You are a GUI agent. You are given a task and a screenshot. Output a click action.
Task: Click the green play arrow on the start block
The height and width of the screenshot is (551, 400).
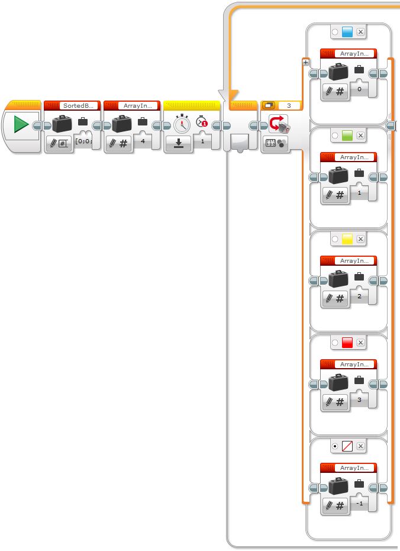(21, 125)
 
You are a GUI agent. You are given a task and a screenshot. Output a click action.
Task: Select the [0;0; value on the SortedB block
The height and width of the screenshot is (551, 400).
(84, 141)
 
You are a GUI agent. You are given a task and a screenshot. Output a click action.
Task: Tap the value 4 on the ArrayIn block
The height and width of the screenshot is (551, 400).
(143, 141)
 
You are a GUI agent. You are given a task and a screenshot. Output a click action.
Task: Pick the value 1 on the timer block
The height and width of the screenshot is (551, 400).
(202, 141)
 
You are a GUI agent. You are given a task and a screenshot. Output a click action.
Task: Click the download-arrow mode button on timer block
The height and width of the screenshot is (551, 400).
(178, 143)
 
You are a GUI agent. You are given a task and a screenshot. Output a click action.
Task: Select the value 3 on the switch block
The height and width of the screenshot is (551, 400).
(288, 105)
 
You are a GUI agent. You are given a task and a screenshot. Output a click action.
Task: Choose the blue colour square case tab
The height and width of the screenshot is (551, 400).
(347, 32)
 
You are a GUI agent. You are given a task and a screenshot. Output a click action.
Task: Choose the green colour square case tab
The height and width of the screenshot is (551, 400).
(347, 136)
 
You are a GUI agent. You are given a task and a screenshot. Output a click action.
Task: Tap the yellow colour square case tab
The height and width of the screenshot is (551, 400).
(347, 239)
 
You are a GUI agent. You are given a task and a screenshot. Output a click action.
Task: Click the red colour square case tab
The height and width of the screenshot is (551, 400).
(347, 343)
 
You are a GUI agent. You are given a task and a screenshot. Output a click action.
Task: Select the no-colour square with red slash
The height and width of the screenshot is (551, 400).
(347, 446)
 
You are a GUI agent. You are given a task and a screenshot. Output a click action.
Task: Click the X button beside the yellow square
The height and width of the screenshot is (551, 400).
(360, 239)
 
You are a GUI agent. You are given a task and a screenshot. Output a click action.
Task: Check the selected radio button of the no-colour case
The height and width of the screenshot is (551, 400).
(335, 446)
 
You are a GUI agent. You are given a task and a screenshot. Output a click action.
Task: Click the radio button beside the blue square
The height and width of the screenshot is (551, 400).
(335, 32)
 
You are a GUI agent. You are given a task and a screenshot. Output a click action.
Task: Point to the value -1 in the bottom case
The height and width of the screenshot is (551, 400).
(359, 503)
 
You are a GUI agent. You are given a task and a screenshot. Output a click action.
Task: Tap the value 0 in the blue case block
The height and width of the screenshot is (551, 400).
(359, 89)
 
